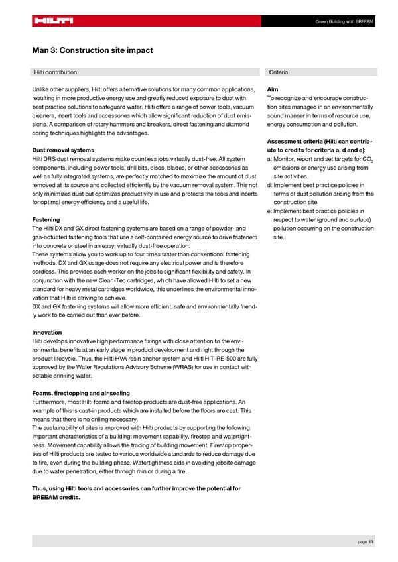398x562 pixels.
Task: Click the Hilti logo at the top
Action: point(54,21)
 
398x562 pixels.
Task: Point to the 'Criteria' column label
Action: point(279,72)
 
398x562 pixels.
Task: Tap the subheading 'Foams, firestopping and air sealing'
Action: point(81,393)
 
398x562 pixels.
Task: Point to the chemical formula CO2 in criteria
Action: point(365,159)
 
